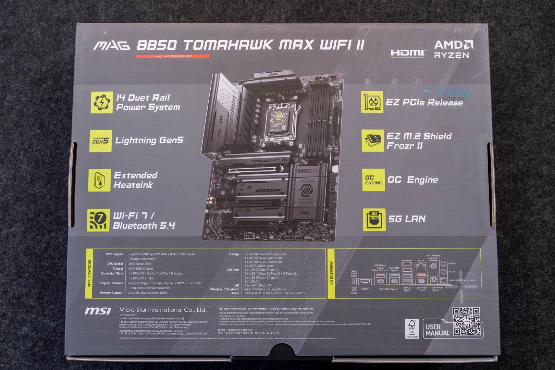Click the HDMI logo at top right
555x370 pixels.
coord(407,53)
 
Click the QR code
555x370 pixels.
coord(466,322)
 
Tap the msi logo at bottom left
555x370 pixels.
coord(98,311)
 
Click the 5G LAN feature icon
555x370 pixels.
coord(374,220)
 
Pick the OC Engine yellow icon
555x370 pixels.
coord(373,180)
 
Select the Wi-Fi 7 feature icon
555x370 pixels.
coord(98,220)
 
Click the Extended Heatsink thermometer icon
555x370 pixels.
coord(99,180)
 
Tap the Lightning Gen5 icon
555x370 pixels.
coord(101,140)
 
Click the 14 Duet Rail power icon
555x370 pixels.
coord(101,102)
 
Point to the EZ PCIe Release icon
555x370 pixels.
coord(372,102)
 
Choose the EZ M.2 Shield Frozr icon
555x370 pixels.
coord(373,140)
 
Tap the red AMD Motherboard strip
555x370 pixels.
coord(173,56)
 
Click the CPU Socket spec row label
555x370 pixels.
coord(115,264)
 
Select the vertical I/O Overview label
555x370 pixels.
coord(331,273)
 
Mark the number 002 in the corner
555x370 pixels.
coord(479,30)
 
